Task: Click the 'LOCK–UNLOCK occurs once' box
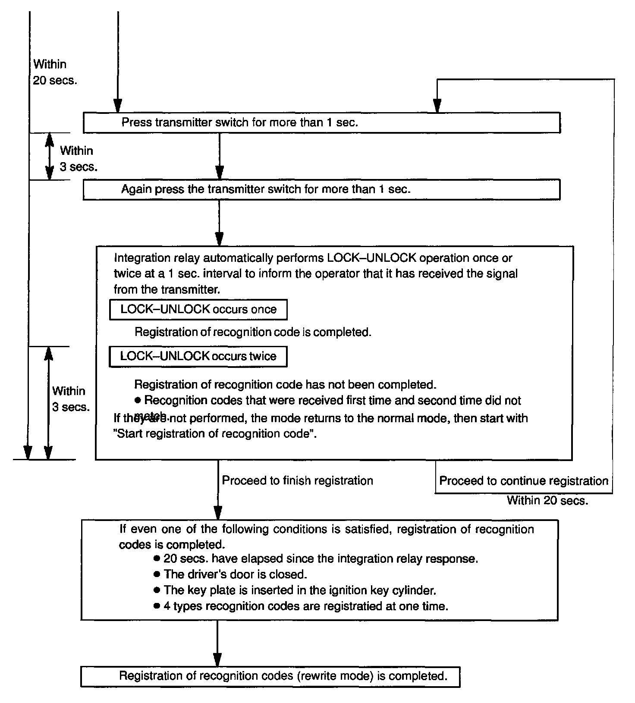[x=198, y=309]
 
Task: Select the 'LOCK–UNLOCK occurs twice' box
[x=198, y=356]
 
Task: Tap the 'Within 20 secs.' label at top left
[x=54, y=72]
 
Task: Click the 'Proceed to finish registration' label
[x=297, y=480]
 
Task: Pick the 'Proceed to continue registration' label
[x=523, y=481]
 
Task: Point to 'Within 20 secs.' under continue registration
[x=547, y=500]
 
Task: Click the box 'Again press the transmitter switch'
[x=321, y=190]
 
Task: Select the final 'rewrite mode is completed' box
[x=270, y=676]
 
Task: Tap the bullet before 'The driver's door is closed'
[x=157, y=574]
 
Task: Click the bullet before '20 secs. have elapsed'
[x=157, y=559]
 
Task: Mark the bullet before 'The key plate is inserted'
[x=157, y=590]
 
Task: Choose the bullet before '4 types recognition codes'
[x=157, y=606]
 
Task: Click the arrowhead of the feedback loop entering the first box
[x=437, y=106]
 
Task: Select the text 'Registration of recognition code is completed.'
[x=253, y=332]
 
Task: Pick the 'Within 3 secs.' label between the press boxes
[x=78, y=159]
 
